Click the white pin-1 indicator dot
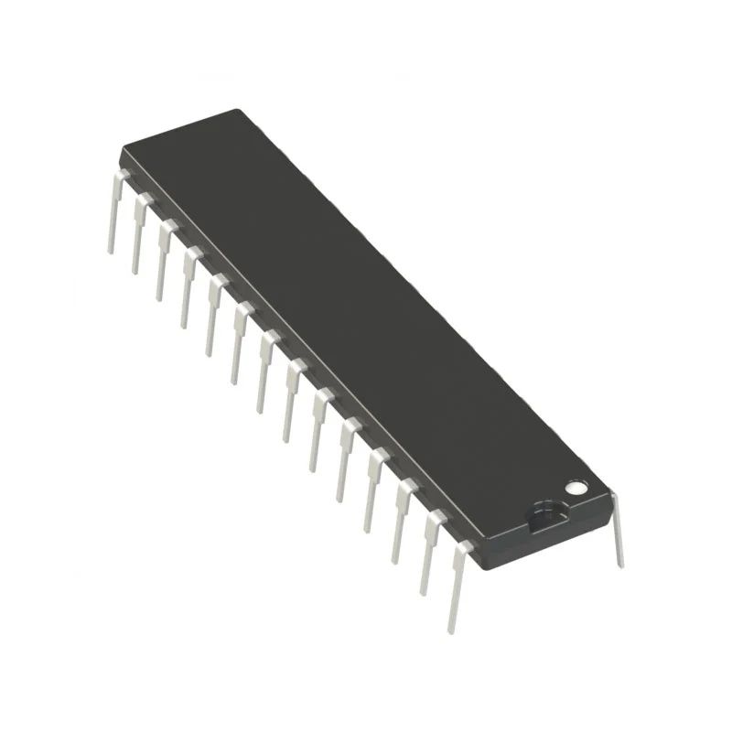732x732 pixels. [x=576, y=488]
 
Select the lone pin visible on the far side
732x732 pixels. [x=618, y=531]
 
